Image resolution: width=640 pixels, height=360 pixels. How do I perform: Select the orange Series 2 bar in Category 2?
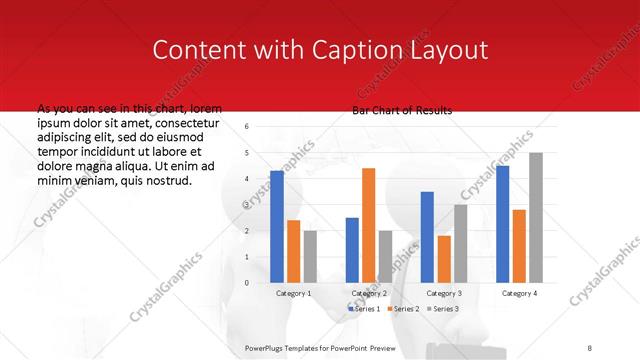(x=368, y=225)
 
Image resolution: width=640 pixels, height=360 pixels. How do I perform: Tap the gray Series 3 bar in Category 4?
(x=536, y=218)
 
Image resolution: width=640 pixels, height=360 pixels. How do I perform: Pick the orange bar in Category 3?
(x=444, y=259)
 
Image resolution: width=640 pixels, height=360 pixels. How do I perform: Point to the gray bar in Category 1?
(x=310, y=256)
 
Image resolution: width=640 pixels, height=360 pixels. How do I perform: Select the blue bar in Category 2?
(x=352, y=250)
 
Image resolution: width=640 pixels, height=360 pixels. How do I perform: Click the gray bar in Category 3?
(x=460, y=243)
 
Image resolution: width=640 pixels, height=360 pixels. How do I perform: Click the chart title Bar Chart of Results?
(x=402, y=110)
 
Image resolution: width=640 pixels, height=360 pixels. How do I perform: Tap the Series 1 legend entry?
(x=364, y=308)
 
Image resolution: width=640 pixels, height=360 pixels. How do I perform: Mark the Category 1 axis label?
(x=293, y=293)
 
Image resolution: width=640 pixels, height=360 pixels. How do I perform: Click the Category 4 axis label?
(x=519, y=293)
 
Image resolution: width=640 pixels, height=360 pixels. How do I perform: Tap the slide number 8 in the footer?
(x=590, y=346)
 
